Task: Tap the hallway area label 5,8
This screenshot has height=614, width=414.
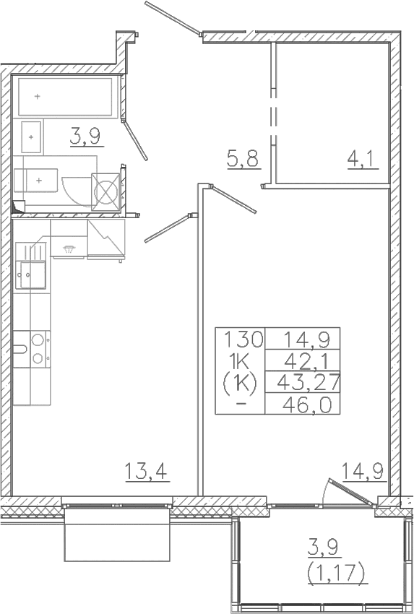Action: (x=243, y=159)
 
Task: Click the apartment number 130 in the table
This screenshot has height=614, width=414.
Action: (x=243, y=339)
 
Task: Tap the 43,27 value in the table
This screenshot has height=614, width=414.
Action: (x=308, y=383)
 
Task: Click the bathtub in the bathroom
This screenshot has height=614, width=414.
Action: (x=65, y=96)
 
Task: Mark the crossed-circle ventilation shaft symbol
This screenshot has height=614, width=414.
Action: (x=105, y=192)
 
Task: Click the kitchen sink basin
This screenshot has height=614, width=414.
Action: (x=33, y=275)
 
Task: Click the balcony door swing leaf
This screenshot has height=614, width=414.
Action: (x=350, y=489)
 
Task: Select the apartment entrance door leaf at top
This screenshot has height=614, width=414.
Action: (x=173, y=17)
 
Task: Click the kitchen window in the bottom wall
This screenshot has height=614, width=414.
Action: (x=117, y=505)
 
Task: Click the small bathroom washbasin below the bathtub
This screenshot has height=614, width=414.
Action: (x=31, y=137)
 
